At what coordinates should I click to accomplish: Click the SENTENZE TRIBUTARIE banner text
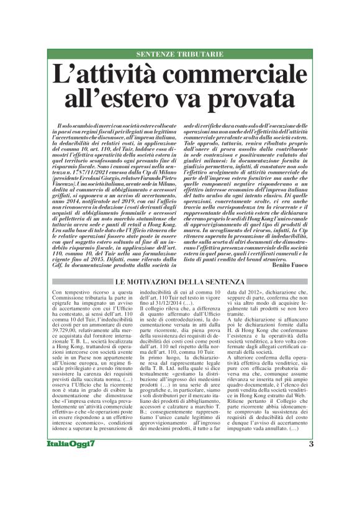(x=180, y=55)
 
